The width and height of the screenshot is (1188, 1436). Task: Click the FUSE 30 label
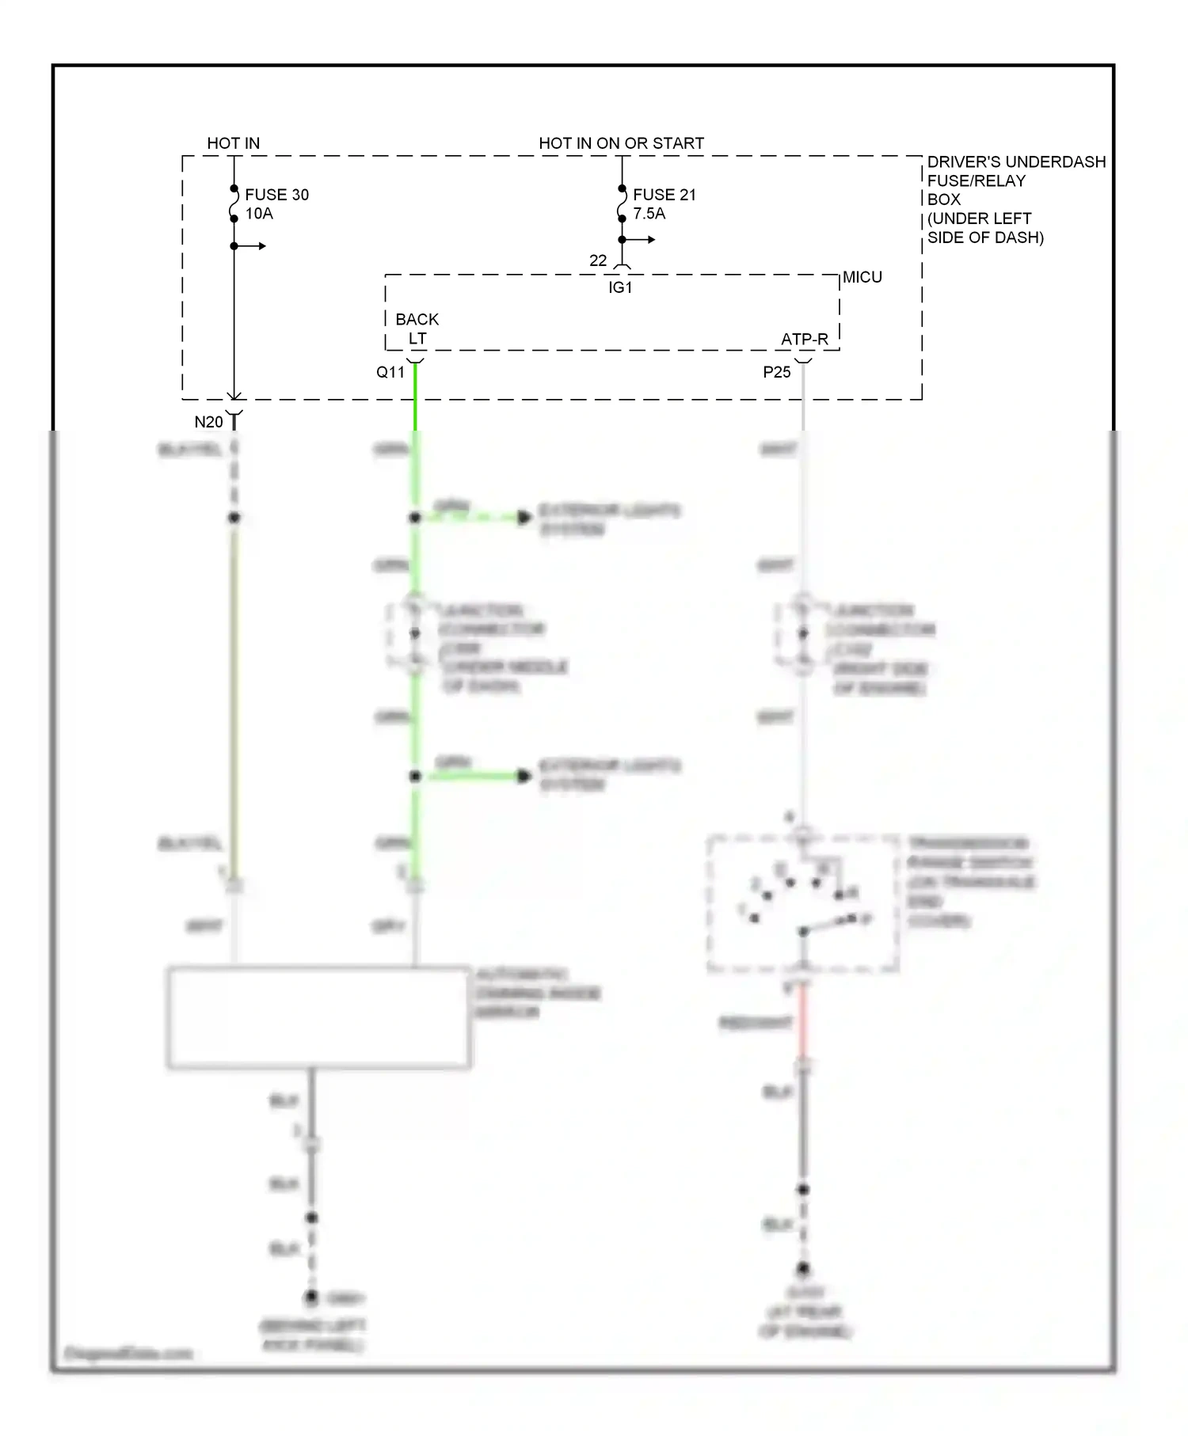(276, 195)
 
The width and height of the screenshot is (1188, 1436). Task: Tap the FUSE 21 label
(664, 195)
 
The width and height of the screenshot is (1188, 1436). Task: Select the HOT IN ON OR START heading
(621, 143)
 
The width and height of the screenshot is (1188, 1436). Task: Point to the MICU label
(862, 277)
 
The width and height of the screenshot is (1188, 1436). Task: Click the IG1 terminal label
(620, 287)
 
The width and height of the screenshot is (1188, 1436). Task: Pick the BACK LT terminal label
(417, 329)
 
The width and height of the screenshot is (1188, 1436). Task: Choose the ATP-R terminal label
(804, 339)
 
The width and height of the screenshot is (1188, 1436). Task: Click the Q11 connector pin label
(390, 372)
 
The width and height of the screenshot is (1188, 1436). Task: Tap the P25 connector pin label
(777, 372)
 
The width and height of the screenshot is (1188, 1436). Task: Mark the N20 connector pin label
(209, 422)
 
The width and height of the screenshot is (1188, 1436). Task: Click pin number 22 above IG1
(598, 260)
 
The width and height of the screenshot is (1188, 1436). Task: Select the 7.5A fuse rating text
(649, 214)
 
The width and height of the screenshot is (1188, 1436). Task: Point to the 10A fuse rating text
(259, 214)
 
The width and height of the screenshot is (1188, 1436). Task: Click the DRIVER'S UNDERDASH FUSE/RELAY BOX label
(1015, 199)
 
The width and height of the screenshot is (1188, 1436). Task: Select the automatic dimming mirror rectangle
(318, 1017)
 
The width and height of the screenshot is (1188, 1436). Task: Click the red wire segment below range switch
(803, 1021)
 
